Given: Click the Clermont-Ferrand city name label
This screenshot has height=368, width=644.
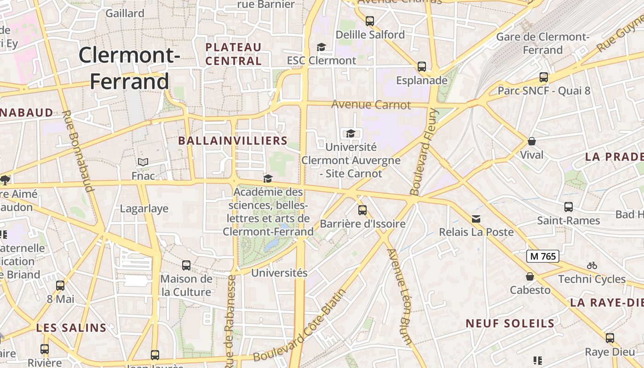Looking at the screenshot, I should pyautogui.click(x=129, y=68).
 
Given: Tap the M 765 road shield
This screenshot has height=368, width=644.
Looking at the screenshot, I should pyautogui.click(x=543, y=256).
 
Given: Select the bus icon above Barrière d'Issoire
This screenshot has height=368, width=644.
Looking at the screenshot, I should pyautogui.click(x=362, y=210).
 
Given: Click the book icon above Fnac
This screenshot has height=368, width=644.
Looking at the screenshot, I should pyautogui.click(x=143, y=162).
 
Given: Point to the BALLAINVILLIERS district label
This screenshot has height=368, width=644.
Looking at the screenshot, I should pyautogui.click(x=233, y=141).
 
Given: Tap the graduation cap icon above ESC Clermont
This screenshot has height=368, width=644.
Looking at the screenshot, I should pyautogui.click(x=321, y=47).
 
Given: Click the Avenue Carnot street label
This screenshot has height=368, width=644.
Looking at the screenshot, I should pyautogui.click(x=371, y=105).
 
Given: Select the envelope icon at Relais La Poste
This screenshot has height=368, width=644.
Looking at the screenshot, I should pyautogui.click(x=476, y=218).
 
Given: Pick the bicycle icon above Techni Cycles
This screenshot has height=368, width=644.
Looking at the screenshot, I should pyautogui.click(x=592, y=265).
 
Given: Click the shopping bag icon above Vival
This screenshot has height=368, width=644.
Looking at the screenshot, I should pyautogui.click(x=532, y=141).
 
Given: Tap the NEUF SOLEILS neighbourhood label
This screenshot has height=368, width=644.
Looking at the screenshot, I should pyautogui.click(x=510, y=323).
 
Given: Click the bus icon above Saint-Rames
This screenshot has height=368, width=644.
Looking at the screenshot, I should pyautogui.click(x=569, y=207).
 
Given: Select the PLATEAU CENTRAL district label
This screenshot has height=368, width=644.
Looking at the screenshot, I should pyautogui.click(x=234, y=54).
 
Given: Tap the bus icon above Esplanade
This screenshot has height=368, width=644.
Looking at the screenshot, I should pyautogui.click(x=422, y=67).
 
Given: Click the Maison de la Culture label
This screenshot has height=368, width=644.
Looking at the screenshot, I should pyautogui.click(x=186, y=285).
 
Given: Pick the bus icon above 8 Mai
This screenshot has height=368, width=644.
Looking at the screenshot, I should pyautogui.click(x=60, y=286).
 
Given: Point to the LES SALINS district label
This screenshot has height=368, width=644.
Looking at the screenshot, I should pyautogui.click(x=71, y=328).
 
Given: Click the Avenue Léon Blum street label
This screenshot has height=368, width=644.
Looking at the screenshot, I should pyautogui.click(x=399, y=297).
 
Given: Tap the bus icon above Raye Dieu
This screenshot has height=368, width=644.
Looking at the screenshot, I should pyautogui.click(x=610, y=338).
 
